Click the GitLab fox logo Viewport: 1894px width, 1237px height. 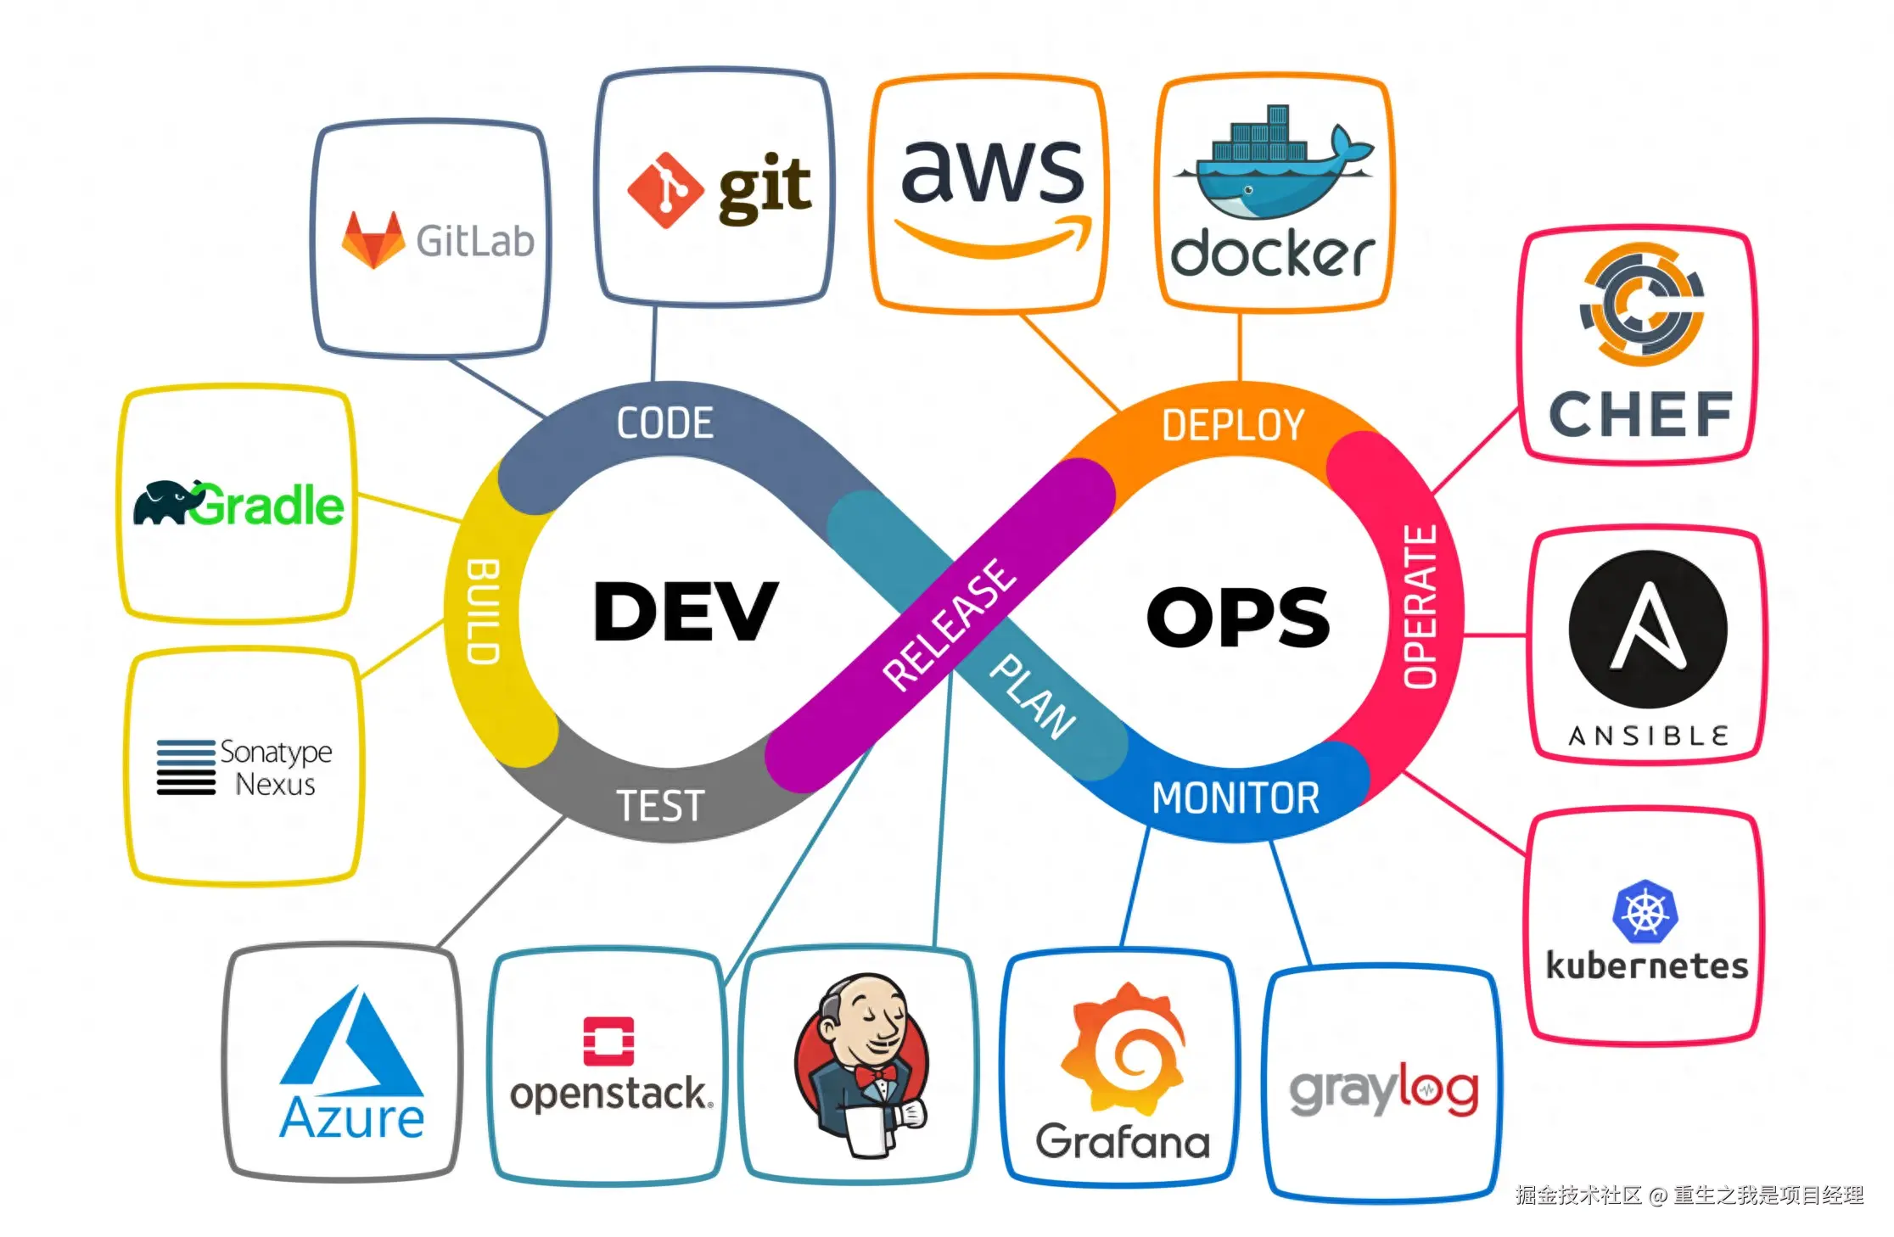pyautogui.click(x=373, y=240)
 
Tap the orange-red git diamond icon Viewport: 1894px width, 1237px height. pyautogui.click(x=665, y=190)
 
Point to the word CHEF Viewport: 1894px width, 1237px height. pyautogui.click(x=1640, y=414)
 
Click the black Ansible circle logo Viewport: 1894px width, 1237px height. pyautogui.click(x=1648, y=629)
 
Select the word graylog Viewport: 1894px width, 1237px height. pyautogui.click(x=1384, y=1089)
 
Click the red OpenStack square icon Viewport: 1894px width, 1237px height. pyautogui.click(x=608, y=1040)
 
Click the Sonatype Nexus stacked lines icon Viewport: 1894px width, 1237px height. pyautogui.click(x=186, y=767)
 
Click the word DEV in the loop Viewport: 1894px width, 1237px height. pyautogui.click(x=685, y=611)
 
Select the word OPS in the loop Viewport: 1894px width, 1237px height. pyautogui.click(x=1238, y=617)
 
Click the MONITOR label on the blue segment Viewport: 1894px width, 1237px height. pyautogui.click(x=1236, y=798)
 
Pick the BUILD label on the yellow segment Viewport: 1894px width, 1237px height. pyautogui.click(x=483, y=611)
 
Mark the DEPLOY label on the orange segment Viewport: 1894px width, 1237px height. pyautogui.click(x=1233, y=425)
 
